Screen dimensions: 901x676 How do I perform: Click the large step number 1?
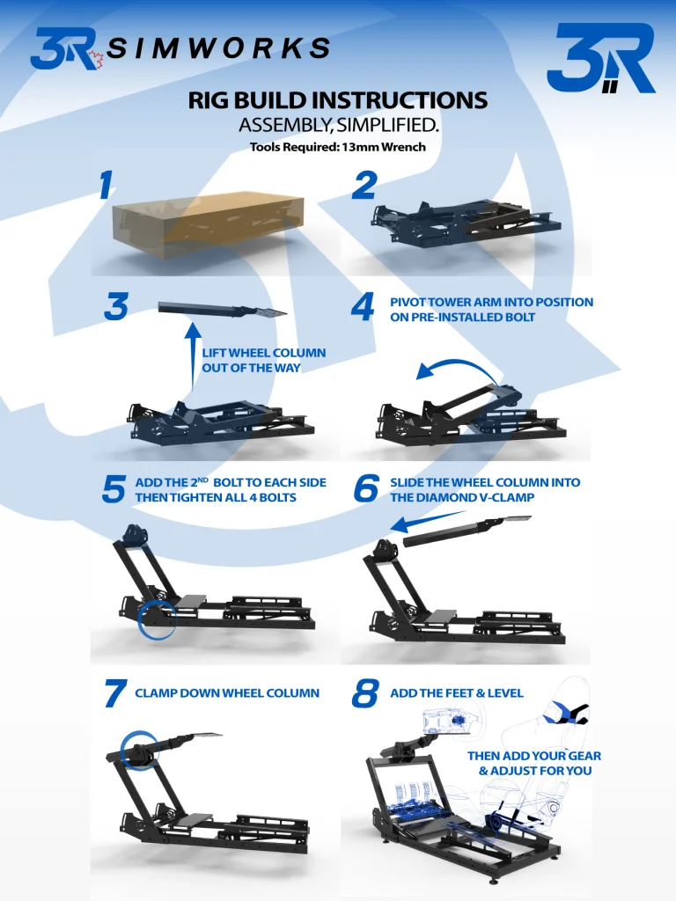pos(106,186)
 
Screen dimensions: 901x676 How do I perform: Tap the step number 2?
pos(364,186)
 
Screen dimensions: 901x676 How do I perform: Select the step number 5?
pos(113,490)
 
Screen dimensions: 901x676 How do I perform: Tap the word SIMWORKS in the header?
pos(219,48)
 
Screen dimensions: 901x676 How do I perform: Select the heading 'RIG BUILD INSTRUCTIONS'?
pos(337,100)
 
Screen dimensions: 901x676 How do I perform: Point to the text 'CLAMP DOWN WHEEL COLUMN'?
pos(227,693)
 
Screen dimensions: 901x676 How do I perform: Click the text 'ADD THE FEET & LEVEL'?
pos(456,693)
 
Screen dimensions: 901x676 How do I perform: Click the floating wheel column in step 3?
pos(223,310)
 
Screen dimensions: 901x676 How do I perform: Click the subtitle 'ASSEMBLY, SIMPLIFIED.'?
pos(338,126)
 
